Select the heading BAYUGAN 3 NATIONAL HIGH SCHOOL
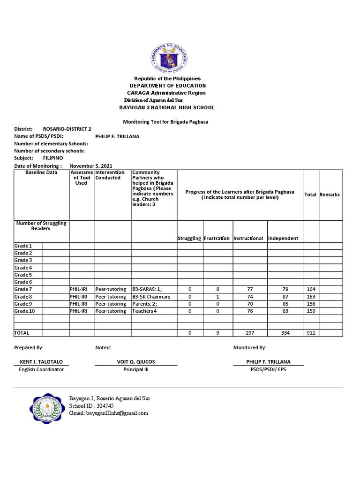(167, 108)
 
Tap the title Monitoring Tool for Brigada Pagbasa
(165, 122)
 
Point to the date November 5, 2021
(91, 165)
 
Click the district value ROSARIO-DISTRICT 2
(67, 129)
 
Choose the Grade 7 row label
(23, 289)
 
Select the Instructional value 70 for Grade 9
(250, 304)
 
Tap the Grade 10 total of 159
(311, 311)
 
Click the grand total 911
(311, 333)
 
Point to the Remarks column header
(330, 195)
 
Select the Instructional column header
(248, 238)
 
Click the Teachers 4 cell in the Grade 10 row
(144, 311)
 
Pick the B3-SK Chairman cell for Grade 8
(151, 297)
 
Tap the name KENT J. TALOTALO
(41, 362)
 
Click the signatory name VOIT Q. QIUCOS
(136, 362)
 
